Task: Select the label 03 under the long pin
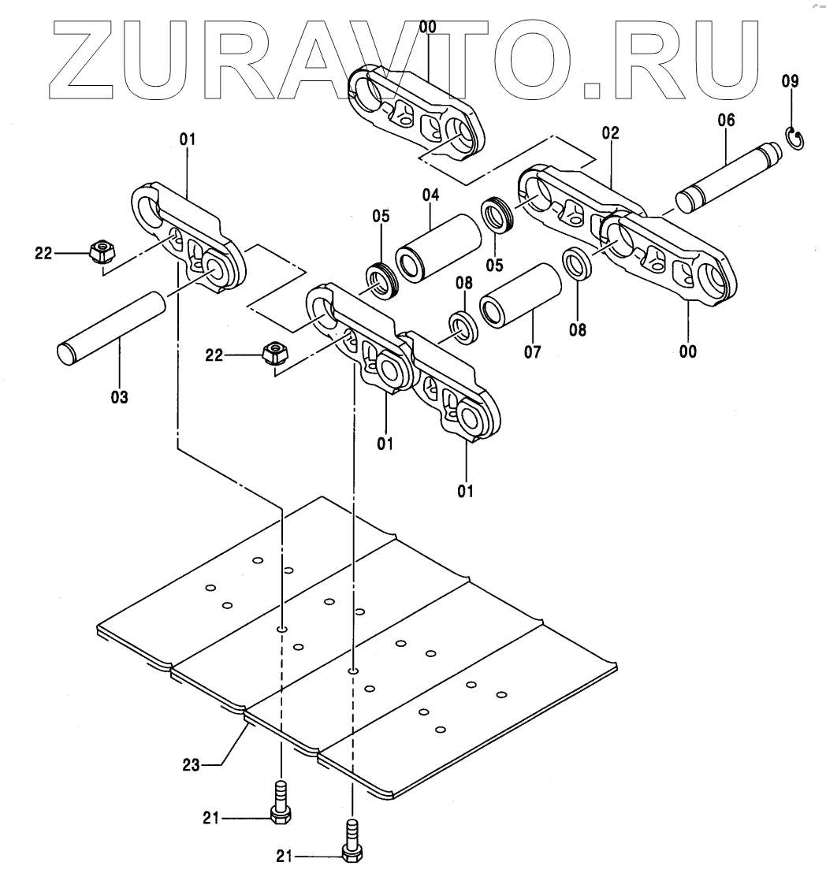pyautogui.click(x=119, y=396)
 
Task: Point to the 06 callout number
pyautogui.click(x=725, y=120)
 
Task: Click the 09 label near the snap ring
pyautogui.click(x=789, y=80)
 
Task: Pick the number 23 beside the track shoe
pyautogui.click(x=192, y=764)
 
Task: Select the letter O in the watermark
pyautogui.click(x=535, y=58)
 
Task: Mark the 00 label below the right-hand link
pyautogui.click(x=687, y=352)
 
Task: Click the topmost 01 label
pyautogui.click(x=187, y=140)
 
